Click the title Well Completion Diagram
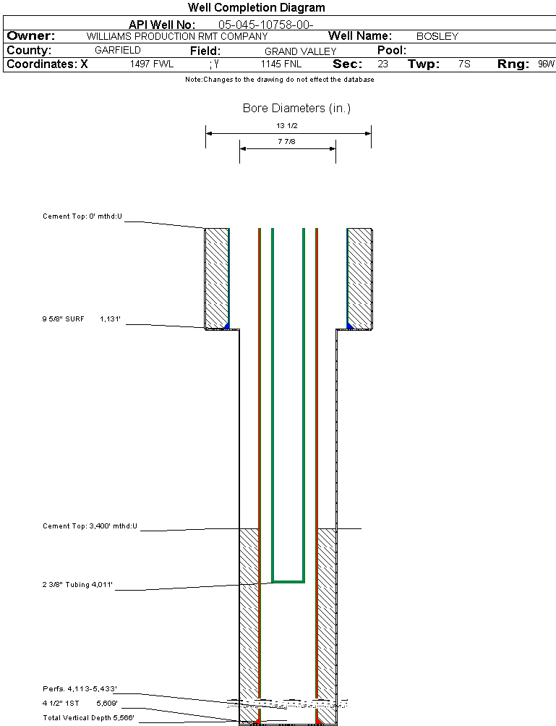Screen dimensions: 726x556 pos(256,8)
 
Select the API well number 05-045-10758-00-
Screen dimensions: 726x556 pos(265,25)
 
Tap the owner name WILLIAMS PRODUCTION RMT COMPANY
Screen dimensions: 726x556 pos(176,36)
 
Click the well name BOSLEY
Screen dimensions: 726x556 pos(437,36)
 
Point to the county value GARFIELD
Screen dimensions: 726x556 pos(118,51)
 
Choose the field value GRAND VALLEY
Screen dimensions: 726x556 pos(300,51)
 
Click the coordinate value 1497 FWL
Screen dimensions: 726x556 pos(152,64)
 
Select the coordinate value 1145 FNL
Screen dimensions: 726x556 pos(281,64)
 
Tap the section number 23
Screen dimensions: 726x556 pos(382,64)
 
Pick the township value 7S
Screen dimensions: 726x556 pos(464,64)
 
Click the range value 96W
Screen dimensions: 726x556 pos(546,64)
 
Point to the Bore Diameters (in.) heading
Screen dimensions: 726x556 pos(296,109)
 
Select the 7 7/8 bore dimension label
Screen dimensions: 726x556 pos(287,142)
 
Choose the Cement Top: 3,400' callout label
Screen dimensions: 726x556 pos(90,526)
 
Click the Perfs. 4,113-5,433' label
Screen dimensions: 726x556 pos(80,688)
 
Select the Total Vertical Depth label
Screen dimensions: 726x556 pos(88,717)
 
